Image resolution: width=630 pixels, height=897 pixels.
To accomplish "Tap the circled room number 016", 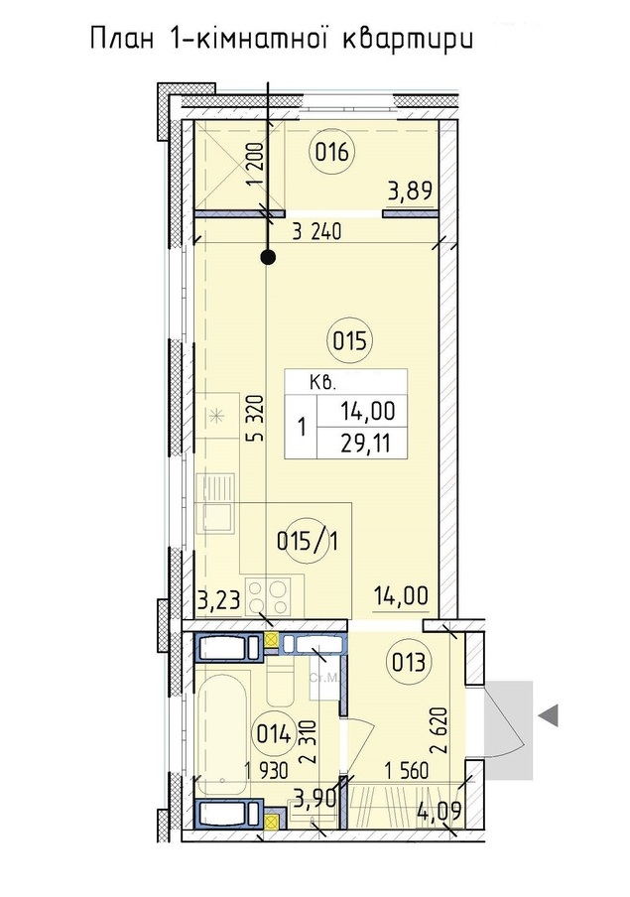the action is [332, 153].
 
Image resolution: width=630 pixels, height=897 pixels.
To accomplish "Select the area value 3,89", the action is [410, 191].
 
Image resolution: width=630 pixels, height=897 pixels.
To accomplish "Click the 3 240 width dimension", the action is [316, 231].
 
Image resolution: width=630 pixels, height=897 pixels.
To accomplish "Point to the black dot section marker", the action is [268, 257].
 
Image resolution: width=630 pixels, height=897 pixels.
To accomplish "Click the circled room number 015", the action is [349, 341].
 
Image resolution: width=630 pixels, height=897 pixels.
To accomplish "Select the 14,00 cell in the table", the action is [367, 410].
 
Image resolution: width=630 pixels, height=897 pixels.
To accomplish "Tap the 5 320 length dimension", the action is [258, 418].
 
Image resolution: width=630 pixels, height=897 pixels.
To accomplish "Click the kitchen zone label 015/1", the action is [308, 541].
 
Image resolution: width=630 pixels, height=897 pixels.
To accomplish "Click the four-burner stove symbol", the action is [268, 596].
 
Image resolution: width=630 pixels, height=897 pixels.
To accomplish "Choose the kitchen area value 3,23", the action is [217, 601].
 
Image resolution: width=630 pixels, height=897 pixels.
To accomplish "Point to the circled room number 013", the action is [409, 663].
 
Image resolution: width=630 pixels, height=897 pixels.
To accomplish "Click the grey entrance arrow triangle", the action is [549, 715].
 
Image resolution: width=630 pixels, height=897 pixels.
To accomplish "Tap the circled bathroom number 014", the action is [275, 733].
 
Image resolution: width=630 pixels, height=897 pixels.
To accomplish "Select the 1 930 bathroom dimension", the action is [266, 772].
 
